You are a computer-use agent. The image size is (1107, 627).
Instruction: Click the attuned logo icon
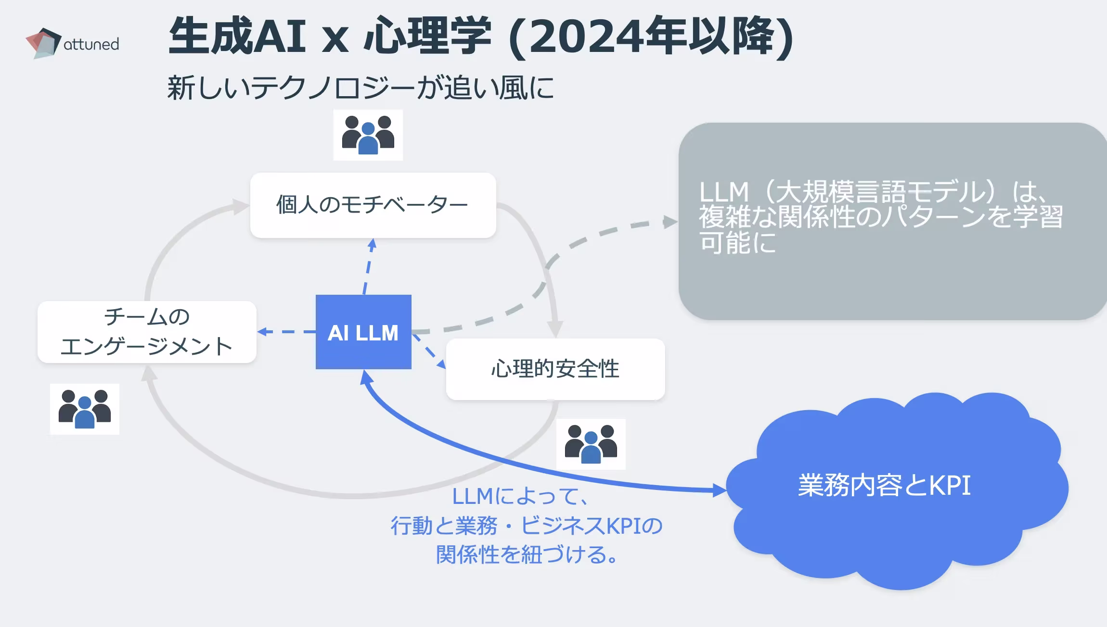coord(43,43)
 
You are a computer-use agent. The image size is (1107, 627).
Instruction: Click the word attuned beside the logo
coord(91,44)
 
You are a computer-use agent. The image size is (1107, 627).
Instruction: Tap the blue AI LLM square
coord(363,332)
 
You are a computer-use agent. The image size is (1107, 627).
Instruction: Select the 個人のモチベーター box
coord(373,205)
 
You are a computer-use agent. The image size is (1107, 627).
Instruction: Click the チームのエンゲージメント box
coord(147,332)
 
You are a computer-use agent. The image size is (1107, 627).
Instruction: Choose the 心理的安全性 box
coord(555,369)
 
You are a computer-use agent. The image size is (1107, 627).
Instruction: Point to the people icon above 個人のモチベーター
coord(368,135)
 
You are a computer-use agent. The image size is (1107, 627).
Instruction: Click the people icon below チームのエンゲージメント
coord(85,409)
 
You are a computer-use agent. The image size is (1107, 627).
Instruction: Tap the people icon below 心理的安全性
coord(591,444)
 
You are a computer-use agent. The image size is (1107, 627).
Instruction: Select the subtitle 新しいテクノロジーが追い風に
coord(361,88)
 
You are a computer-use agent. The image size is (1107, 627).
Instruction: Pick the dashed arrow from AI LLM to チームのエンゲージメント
coord(286,332)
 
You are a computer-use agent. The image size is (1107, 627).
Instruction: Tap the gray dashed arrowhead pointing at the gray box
coord(669,222)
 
